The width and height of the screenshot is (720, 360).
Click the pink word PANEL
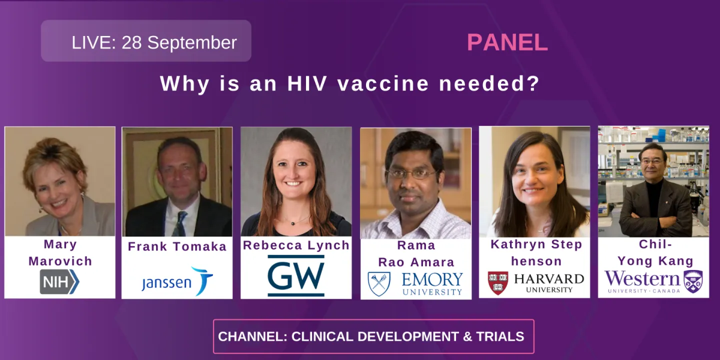(x=507, y=42)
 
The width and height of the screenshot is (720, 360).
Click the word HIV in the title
(x=308, y=84)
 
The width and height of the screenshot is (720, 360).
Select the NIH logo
(x=59, y=281)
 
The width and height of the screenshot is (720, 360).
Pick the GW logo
(x=295, y=275)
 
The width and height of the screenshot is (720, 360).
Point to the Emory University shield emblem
(x=379, y=283)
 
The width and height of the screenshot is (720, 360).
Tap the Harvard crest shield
(x=497, y=283)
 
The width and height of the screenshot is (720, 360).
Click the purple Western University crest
(x=693, y=281)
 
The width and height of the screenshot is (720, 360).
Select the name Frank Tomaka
(x=177, y=246)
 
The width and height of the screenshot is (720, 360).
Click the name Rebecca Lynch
(x=296, y=245)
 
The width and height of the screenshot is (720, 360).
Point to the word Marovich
(x=60, y=261)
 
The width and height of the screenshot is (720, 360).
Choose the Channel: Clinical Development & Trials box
(x=373, y=336)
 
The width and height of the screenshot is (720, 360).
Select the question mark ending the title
(x=533, y=84)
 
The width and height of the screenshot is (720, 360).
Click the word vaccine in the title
(x=383, y=84)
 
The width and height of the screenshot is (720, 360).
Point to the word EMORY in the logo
(x=432, y=279)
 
